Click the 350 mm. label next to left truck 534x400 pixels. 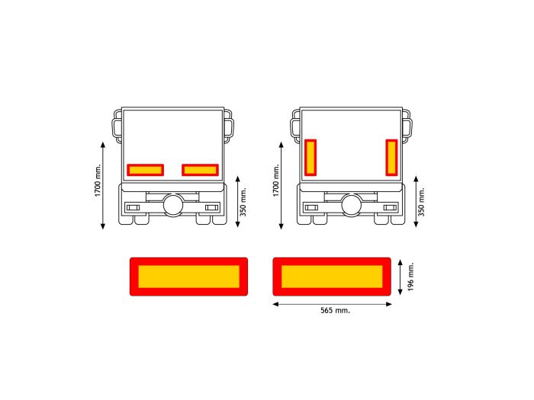pos(243,201)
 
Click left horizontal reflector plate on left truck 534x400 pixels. pos(145,170)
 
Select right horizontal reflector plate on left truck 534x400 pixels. pos(200,170)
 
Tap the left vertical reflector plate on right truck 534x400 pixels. pos(310,157)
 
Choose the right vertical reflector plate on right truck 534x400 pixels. pos(391,157)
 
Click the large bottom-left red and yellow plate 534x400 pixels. pos(188,276)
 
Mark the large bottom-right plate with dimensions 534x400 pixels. pos(332,276)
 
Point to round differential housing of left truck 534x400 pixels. pos(173,204)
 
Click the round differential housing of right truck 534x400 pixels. pos(352,204)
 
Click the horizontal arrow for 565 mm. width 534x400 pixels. pos(332,303)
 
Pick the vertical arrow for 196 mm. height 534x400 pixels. pos(401,276)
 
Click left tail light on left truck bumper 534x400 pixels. pos(133,207)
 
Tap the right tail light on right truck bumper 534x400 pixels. pos(390,207)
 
